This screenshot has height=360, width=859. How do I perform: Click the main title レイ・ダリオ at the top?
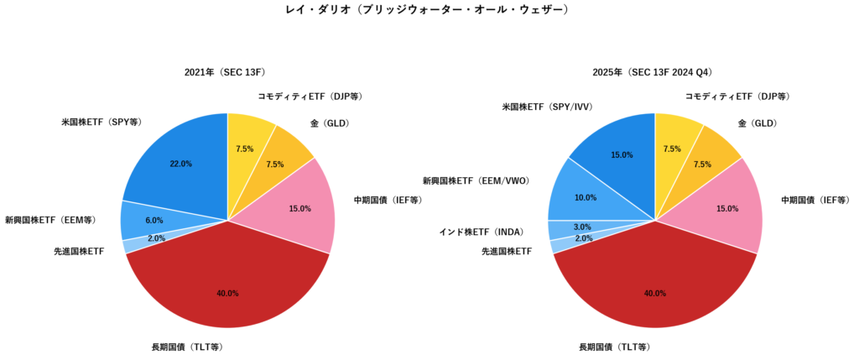point(429,10)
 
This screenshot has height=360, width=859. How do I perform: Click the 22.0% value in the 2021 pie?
point(180,164)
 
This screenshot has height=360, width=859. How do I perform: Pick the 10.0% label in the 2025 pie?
point(586,198)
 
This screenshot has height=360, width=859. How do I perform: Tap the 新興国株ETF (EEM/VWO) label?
point(476,180)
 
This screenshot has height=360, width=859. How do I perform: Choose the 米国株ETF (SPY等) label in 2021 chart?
point(102,122)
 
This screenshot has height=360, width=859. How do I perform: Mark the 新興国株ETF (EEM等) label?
point(50,220)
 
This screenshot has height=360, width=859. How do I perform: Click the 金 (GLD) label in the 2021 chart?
point(330,123)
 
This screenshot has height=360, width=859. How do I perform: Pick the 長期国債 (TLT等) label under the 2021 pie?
point(186,347)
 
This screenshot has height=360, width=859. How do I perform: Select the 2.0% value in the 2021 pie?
point(156,238)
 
